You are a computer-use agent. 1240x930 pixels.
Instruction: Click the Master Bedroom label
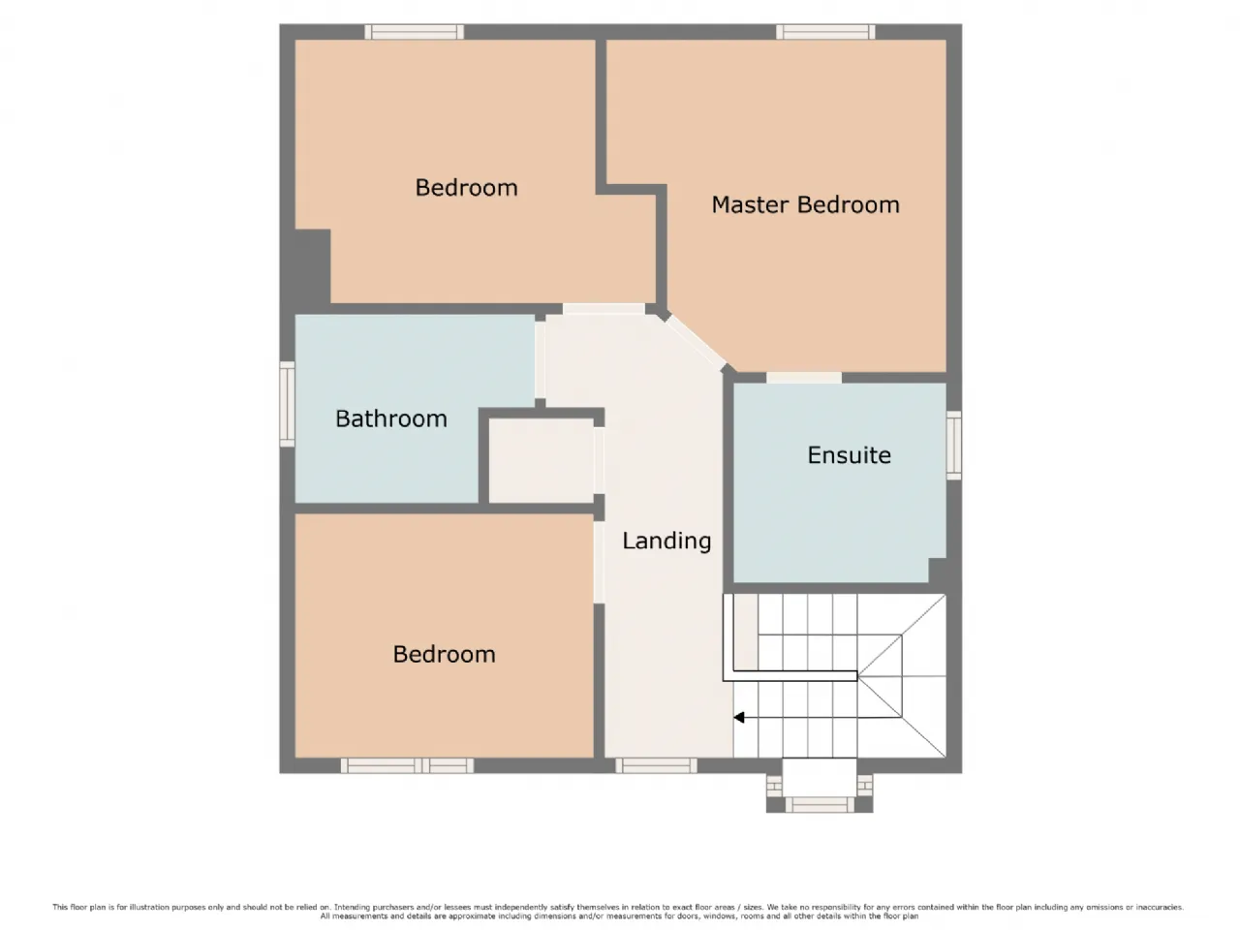(804, 204)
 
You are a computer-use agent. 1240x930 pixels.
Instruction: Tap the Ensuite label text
(849, 455)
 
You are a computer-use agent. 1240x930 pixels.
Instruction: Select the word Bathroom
(391, 418)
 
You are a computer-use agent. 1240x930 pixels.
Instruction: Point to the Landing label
(666, 541)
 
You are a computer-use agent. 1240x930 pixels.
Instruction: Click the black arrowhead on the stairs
(738, 717)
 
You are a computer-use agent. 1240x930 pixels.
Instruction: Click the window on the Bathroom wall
(287, 404)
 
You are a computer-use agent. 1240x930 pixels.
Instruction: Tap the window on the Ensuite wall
(953, 445)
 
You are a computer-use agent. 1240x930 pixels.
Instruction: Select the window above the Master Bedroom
(824, 32)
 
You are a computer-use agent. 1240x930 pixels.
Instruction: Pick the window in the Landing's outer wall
(656, 765)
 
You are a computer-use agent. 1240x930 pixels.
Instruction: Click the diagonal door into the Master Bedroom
(697, 343)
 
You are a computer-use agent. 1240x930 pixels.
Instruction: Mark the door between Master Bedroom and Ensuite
(803, 378)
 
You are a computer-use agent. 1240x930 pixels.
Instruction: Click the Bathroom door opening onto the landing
(540, 359)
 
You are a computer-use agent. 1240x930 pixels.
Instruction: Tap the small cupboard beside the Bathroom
(541, 460)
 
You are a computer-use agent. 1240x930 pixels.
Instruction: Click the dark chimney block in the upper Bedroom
(312, 266)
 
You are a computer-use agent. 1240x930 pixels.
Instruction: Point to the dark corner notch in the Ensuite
(937, 571)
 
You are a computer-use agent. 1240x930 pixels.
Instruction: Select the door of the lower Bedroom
(599, 562)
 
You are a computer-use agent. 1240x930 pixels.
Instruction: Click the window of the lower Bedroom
(407, 765)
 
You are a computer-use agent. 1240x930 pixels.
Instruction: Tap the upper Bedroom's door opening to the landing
(604, 309)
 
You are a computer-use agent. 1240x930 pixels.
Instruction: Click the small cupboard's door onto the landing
(599, 460)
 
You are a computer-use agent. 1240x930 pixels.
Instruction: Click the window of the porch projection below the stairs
(820, 804)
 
